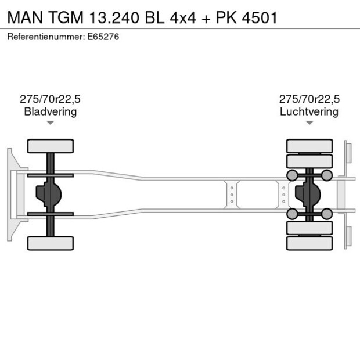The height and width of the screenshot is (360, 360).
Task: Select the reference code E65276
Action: [103, 37]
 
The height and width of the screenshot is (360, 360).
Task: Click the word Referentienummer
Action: [45, 37]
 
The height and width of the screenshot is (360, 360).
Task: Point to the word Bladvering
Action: [51, 111]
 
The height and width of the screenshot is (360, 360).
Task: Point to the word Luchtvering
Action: [309, 111]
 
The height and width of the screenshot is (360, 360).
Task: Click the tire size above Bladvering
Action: [51, 99]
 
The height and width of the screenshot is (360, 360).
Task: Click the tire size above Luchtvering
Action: [309, 99]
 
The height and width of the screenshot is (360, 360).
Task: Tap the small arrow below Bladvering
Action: [51, 123]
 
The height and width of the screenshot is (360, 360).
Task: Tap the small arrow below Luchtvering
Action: [309, 123]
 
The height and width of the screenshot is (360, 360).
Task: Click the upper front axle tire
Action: [51, 146]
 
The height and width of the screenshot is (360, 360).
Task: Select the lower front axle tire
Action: [51, 243]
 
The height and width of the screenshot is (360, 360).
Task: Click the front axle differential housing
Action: [48, 195]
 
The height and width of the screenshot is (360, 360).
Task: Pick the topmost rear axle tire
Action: [309, 145]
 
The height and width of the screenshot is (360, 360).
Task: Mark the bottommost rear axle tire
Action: [309, 243]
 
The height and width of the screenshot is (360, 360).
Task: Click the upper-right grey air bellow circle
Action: [327, 175]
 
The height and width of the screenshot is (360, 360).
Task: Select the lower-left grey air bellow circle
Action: [291, 214]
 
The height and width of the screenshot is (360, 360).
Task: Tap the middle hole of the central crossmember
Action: [232, 195]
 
